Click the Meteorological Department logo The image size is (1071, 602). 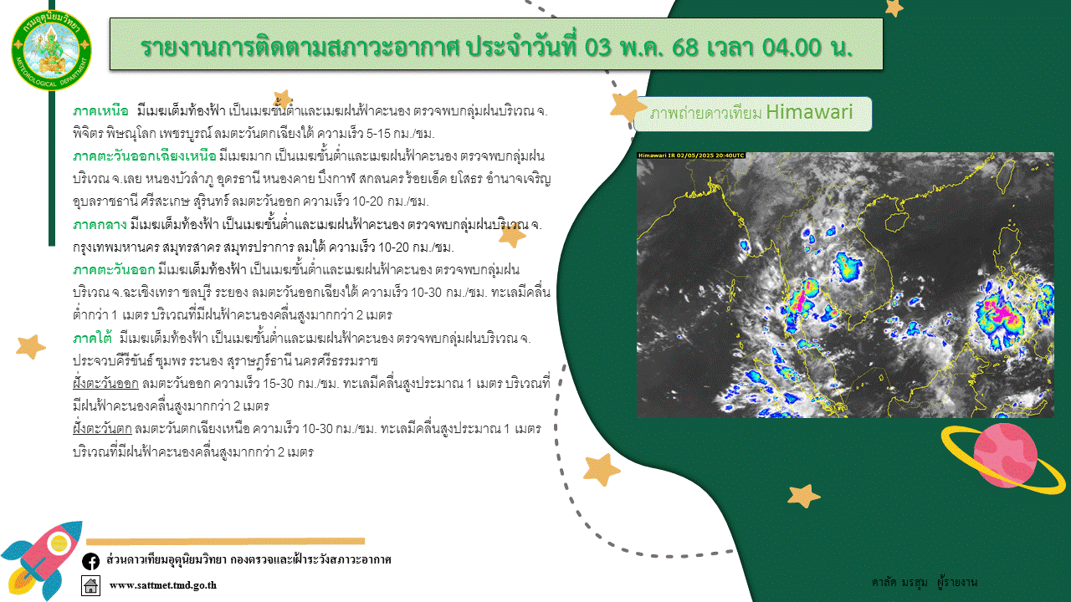51,49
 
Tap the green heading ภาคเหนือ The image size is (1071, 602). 100,111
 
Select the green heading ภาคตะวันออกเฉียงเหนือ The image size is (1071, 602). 145,156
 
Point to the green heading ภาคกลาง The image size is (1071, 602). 100,225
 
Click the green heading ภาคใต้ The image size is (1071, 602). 92,339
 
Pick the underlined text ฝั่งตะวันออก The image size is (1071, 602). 105,384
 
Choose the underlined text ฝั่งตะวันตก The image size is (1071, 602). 102,429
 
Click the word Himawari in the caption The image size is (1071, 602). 809,112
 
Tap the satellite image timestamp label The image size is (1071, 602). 691,156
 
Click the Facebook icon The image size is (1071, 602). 91,561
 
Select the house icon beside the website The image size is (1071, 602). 91,585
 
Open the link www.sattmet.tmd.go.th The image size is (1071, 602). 163,585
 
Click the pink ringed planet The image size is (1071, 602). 1005,456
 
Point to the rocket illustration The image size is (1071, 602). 41,561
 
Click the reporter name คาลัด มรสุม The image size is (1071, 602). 899,583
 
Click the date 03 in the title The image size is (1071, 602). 597,47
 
